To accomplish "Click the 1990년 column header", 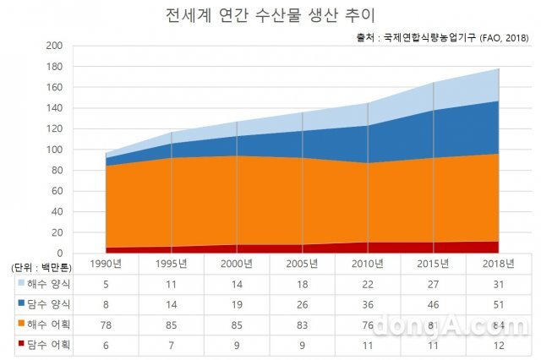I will (108, 265).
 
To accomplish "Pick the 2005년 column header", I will (303, 265).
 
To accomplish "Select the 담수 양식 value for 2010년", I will (368, 303).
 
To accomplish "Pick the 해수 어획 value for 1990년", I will (108, 324).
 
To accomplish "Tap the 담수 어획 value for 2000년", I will (238, 344).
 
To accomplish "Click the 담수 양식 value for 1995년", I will (173, 303).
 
